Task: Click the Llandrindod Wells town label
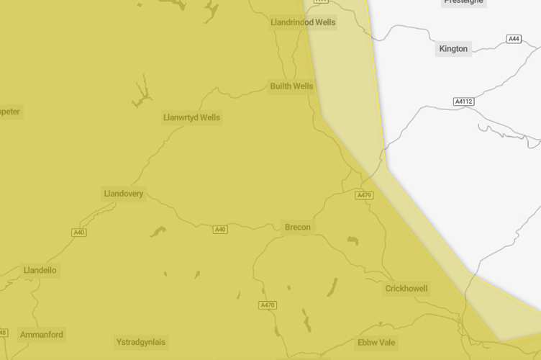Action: coord(303,22)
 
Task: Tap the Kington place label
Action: coord(453,49)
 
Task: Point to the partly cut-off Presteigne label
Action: coord(463,2)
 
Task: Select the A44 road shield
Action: coord(514,39)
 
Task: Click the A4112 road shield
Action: coord(464,102)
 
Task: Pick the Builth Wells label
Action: coord(291,86)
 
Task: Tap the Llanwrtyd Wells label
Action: coord(191,117)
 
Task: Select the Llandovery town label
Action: coord(124,194)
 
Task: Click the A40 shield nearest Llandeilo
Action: coord(79,233)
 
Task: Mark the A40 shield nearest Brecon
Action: coord(220,230)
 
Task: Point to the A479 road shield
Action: coord(364,195)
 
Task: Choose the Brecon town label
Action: coord(297,228)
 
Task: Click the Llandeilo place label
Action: coord(40,271)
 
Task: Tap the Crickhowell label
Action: coord(406,289)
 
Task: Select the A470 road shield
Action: coord(267,305)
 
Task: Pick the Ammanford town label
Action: coord(42,335)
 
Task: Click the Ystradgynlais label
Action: coord(141,342)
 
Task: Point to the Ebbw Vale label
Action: coord(376,343)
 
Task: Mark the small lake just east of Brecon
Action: coord(353,240)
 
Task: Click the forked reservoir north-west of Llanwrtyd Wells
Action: coord(142,94)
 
